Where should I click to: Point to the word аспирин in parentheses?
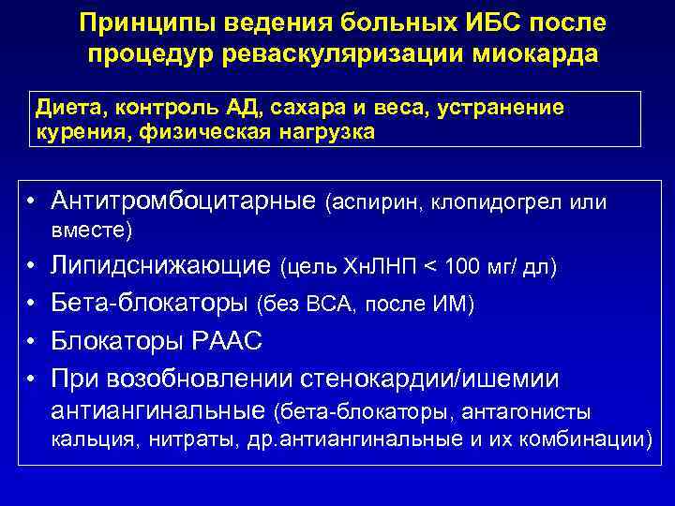pos(378,201)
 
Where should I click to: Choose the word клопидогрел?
pos(503,201)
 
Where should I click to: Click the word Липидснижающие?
pos(161,267)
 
